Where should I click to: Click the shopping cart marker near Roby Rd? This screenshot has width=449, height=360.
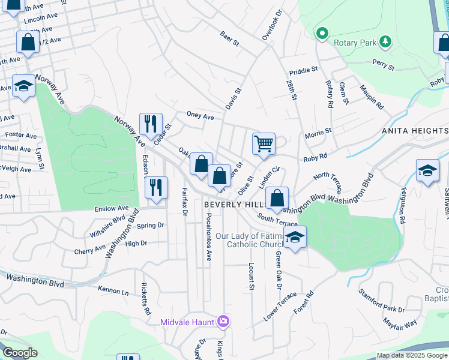[x=264, y=144]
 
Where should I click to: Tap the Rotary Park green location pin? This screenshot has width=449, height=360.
[x=322, y=33]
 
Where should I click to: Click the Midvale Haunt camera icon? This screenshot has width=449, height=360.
[x=223, y=322]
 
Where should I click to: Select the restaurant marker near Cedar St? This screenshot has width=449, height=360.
[x=150, y=124]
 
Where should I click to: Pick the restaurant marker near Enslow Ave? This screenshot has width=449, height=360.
[x=155, y=187]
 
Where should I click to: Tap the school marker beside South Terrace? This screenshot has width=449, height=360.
[x=295, y=238]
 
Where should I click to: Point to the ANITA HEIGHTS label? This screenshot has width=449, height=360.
[x=415, y=131]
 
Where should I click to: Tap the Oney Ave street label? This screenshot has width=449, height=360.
[x=200, y=116]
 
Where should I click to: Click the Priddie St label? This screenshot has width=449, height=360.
[x=303, y=70]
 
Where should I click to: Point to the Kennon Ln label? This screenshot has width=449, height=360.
[x=113, y=290]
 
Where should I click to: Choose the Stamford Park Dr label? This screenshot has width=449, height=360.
[x=381, y=302]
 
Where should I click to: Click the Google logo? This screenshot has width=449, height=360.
[x=20, y=353]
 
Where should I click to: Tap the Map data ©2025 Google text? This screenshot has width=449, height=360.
[x=412, y=355]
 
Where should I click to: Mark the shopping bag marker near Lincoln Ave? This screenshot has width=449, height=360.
[x=28, y=43]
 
